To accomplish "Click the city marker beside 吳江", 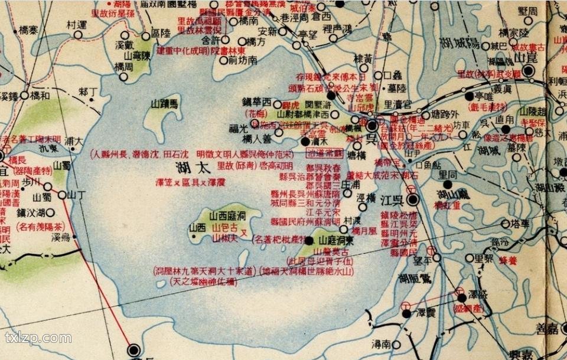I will click(414, 200).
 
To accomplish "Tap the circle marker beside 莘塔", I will click(505, 224).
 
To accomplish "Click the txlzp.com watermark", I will click(38, 339).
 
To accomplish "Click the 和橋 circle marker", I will click(24, 94).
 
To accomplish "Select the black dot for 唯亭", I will click(470, 96).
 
